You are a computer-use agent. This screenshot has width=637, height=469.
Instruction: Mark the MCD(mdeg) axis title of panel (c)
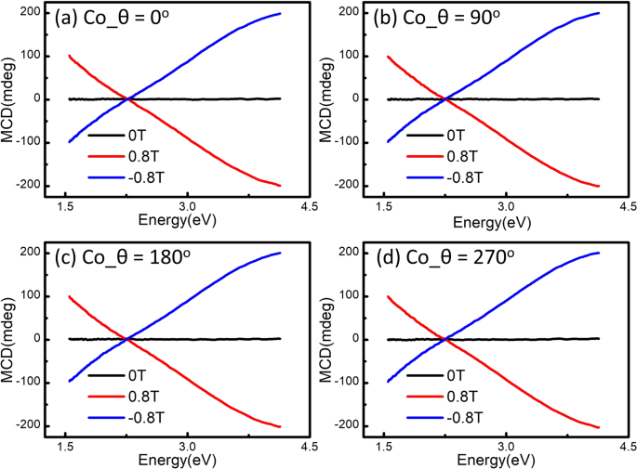click(x=9, y=338)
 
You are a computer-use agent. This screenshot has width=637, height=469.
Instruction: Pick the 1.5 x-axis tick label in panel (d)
click(x=384, y=447)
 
